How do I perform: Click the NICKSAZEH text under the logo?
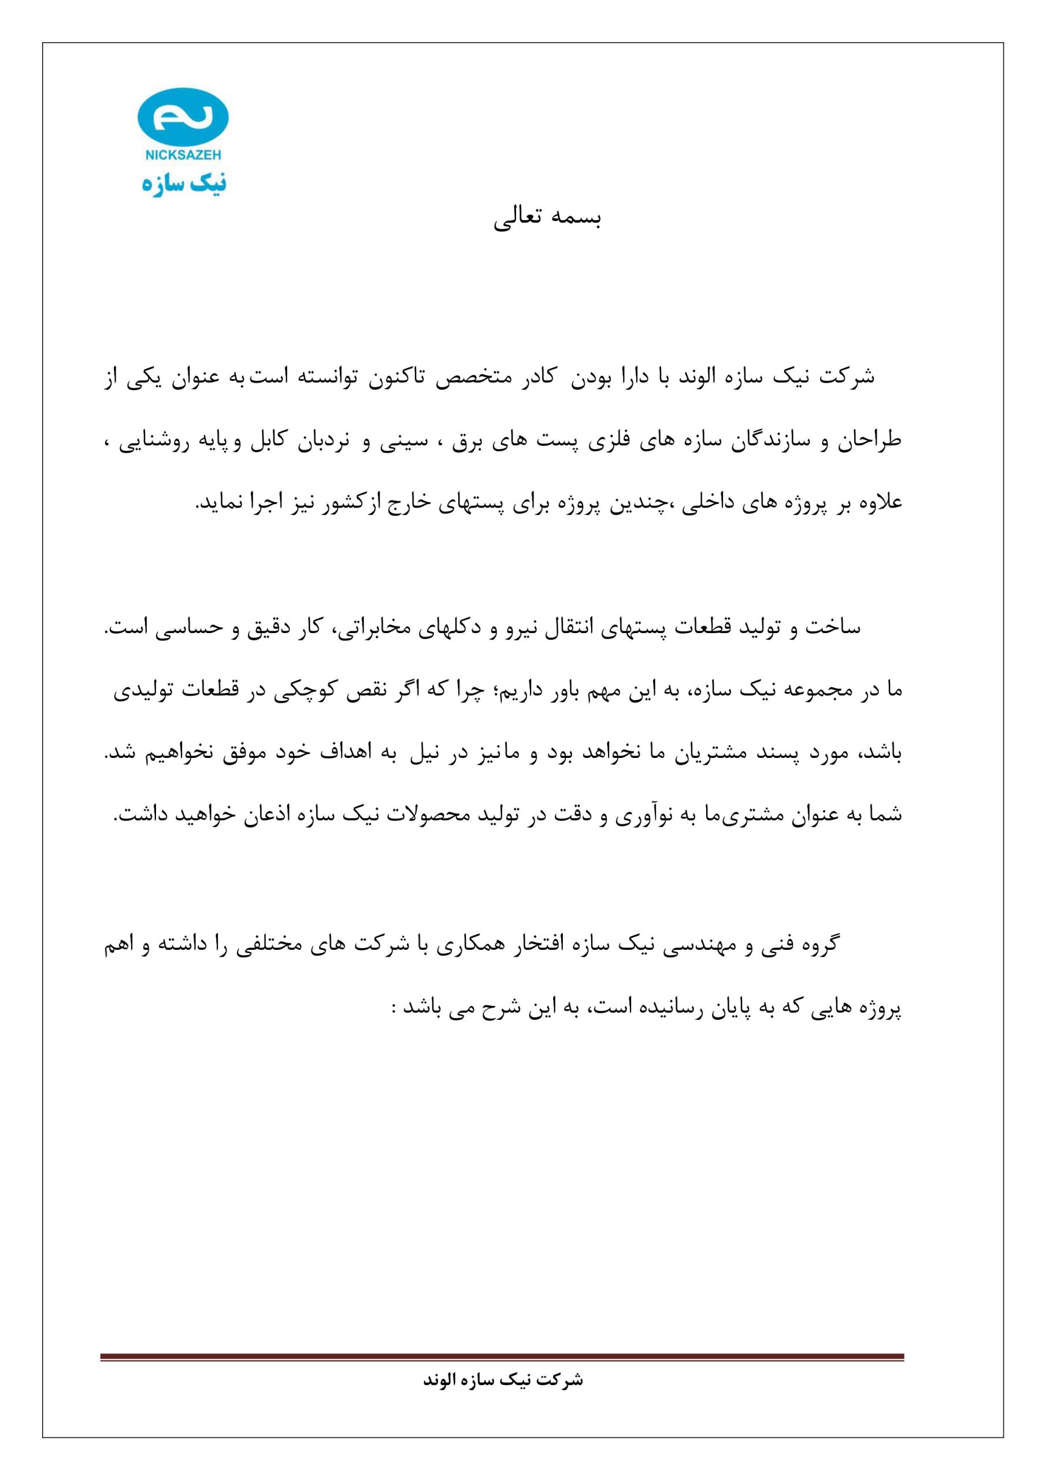click(183, 156)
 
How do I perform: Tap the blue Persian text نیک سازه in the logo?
click(184, 183)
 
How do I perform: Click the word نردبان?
click(323, 442)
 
